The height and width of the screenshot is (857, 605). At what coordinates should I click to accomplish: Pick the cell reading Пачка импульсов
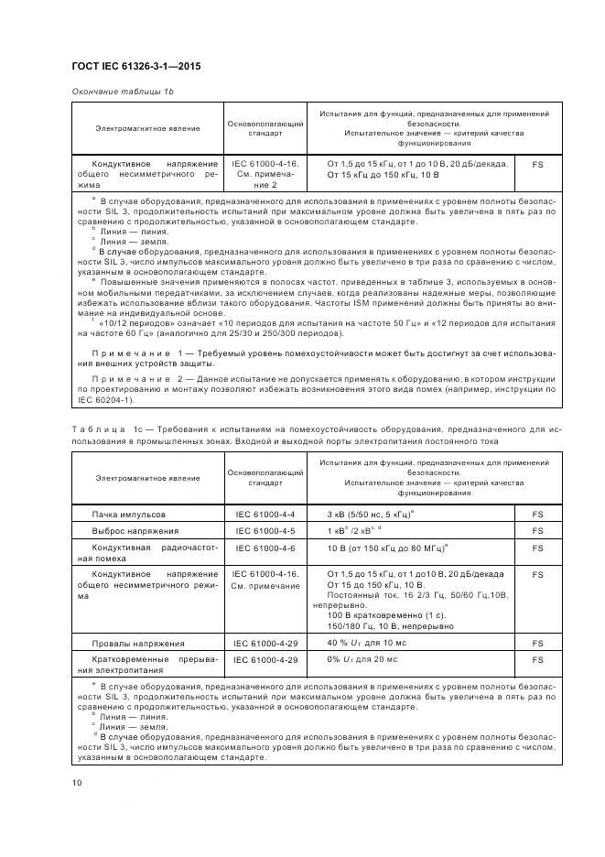coord(129,515)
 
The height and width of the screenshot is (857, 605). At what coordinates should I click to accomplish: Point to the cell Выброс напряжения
coord(135,530)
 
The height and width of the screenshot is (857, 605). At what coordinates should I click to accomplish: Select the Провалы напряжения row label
coord(138,644)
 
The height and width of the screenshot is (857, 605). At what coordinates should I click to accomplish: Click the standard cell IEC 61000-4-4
coord(265,515)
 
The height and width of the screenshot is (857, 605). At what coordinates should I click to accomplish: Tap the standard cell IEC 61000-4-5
coord(265,530)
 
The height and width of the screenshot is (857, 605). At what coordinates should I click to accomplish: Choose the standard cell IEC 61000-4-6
coord(265,547)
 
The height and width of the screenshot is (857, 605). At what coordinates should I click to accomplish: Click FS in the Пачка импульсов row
coord(537,515)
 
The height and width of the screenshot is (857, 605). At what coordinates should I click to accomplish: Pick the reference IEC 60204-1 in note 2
coord(106,399)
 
